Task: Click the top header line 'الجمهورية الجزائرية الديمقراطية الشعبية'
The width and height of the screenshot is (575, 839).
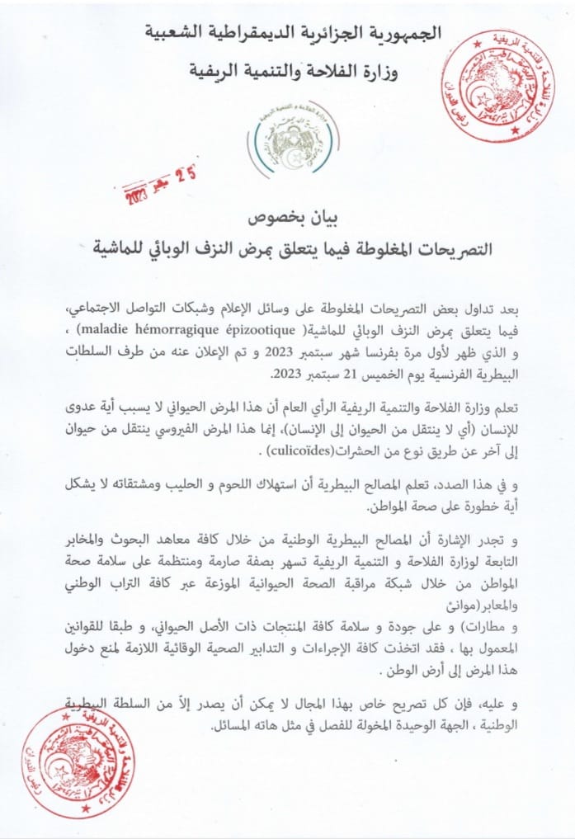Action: (x=293, y=33)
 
